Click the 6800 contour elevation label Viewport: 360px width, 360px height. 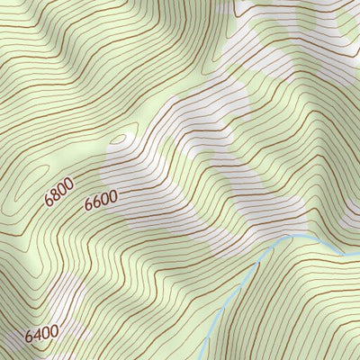(60, 191)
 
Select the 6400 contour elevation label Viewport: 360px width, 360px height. (41, 334)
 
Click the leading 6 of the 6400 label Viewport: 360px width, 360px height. (30, 338)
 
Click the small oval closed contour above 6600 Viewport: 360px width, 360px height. (118, 139)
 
